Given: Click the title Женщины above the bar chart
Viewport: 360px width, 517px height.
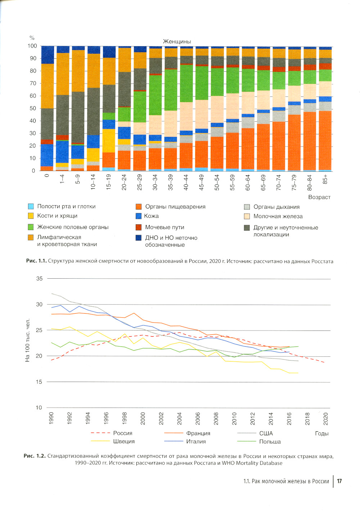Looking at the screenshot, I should pyautogui.click(x=177, y=41).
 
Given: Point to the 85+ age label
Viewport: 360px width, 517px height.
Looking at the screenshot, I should pyautogui.click(x=325, y=179).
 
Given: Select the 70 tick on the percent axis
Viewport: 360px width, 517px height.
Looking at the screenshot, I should pyautogui.click(x=32, y=84).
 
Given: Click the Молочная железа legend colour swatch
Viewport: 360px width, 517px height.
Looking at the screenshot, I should pyautogui.click(x=247, y=216).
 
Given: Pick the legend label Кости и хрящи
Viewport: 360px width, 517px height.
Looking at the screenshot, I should pyautogui.click(x=57, y=216).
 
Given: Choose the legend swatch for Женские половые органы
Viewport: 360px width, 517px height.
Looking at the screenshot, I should pyautogui.click(x=31, y=227).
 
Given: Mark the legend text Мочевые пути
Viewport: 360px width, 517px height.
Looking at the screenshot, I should pyautogui.click(x=165, y=227).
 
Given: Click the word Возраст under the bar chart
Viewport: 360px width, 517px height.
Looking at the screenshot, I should pyautogui.click(x=319, y=197).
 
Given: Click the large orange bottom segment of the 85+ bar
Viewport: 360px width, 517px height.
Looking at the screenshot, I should pyautogui.click(x=325, y=140).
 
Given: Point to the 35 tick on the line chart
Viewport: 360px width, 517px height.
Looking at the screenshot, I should pyautogui.click(x=39, y=279).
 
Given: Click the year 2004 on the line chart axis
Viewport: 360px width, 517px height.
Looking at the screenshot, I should pyautogui.click(x=179, y=419).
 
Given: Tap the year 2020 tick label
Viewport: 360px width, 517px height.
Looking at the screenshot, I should pyautogui.click(x=325, y=419).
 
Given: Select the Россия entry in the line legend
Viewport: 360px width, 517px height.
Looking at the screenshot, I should pyautogui.click(x=123, y=433).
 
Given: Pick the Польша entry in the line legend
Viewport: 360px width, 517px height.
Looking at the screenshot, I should pyautogui.click(x=270, y=441).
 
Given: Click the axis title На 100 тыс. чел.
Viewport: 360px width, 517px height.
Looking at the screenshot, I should pyautogui.click(x=28, y=340).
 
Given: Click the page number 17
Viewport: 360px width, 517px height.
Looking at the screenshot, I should pyautogui.click(x=339, y=481).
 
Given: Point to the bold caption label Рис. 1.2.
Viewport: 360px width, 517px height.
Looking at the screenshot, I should pyautogui.click(x=35, y=456).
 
